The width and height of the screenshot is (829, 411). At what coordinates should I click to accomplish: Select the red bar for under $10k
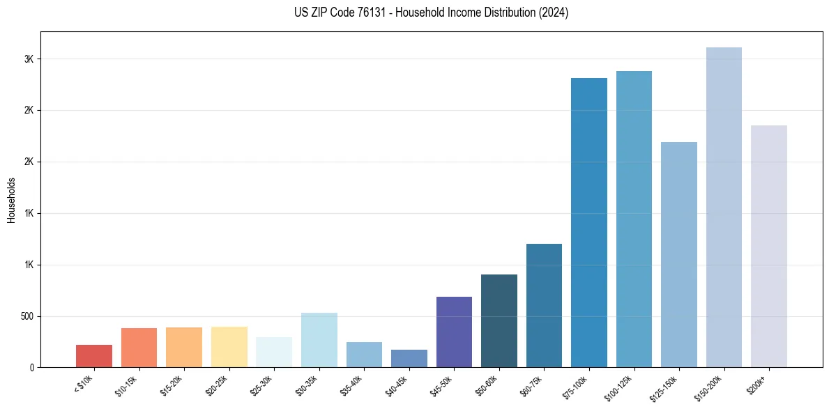click(94, 356)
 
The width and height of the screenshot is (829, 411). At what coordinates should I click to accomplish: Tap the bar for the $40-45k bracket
click(409, 358)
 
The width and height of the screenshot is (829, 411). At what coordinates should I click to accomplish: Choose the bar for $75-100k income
click(589, 222)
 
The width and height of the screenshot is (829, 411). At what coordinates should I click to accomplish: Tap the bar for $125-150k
click(679, 254)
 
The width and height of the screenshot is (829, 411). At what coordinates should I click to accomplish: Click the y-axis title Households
click(12, 200)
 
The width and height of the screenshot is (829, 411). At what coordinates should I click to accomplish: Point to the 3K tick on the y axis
click(29, 59)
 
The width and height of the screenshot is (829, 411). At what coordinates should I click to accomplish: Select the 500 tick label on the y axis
click(26, 316)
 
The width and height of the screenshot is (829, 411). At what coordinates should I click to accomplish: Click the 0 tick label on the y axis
click(32, 368)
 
